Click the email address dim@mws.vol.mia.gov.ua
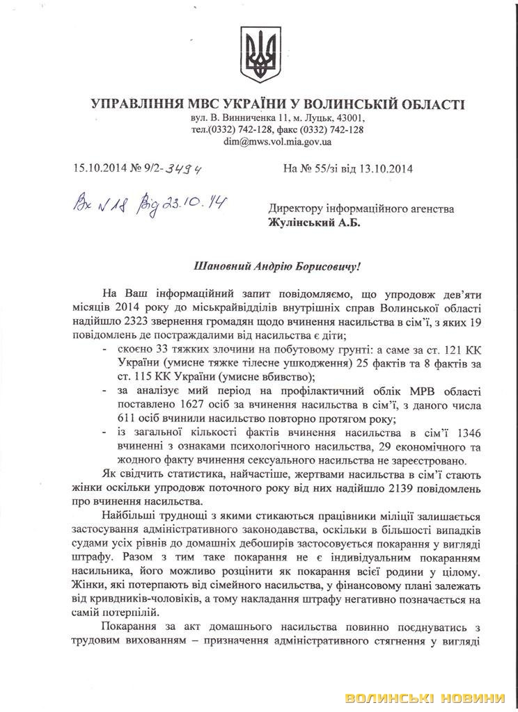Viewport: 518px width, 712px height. pyautogui.click(x=277, y=141)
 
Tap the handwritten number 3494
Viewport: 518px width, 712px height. pyautogui.click(x=187, y=168)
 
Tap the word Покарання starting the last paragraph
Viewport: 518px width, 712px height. pyautogui.click(x=126, y=627)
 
